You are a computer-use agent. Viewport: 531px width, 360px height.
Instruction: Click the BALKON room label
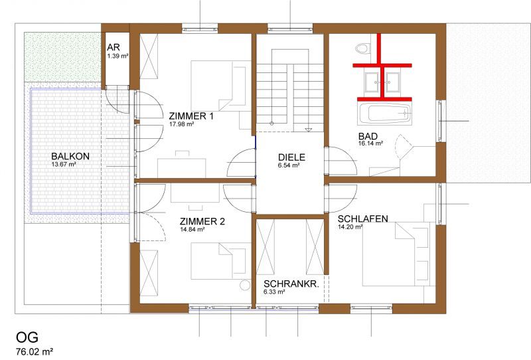click(70, 156)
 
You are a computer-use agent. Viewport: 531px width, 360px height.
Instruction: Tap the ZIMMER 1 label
click(191, 116)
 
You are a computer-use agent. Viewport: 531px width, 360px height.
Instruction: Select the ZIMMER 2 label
click(202, 222)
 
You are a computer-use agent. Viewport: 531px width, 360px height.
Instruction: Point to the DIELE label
click(291, 157)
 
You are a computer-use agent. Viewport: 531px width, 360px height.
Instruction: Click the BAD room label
click(368, 136)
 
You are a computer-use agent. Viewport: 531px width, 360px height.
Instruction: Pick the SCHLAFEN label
click(362, 219)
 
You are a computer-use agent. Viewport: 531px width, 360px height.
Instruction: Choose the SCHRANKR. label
click(291, 284)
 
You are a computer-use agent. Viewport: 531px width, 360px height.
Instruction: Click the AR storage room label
click(114, 47)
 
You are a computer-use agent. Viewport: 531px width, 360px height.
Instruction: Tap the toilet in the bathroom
click(362, 48)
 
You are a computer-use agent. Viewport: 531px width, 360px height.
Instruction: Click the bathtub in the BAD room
click(385, 113)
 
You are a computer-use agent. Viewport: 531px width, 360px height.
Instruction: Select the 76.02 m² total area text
click(35, 351)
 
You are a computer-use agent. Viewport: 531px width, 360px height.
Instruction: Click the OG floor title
click(27, 337)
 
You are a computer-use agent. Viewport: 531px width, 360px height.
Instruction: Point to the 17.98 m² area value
click(181, 124)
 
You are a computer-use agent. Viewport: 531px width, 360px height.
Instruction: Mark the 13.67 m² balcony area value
click(64, 165)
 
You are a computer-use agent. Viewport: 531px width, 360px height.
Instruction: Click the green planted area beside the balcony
click(62, 57)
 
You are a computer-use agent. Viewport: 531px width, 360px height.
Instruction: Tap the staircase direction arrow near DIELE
click(309, 130)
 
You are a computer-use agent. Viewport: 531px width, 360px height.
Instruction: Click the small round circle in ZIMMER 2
click(245, 285)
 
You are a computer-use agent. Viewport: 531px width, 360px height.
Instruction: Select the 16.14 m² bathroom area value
click(371, 143)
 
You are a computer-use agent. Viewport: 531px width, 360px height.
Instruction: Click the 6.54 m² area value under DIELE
click(289, 165)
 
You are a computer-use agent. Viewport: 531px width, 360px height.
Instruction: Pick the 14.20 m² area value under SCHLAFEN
click(350, 226)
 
